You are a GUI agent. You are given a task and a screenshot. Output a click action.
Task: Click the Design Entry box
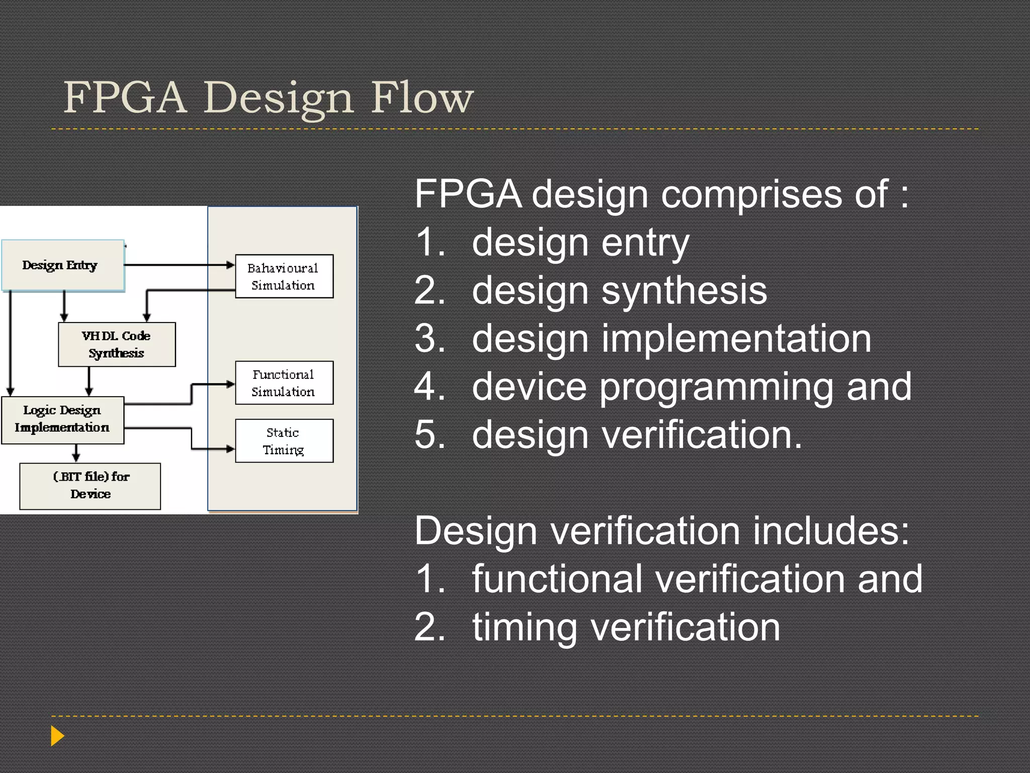[62, 265]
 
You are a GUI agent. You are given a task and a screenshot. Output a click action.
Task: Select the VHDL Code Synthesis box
[117, 344]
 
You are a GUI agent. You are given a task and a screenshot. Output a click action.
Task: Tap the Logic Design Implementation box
[62, 420]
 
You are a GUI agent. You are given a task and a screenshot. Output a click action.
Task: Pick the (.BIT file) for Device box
[91, 486]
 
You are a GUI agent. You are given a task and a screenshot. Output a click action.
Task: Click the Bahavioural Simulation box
[284, 276]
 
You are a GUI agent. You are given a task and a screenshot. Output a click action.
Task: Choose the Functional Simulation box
[284, 382]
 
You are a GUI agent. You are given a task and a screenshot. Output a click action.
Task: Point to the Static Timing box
[284, 441]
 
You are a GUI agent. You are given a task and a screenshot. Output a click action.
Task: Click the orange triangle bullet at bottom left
[57, 736]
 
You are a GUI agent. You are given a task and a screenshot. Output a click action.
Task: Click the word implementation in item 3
[736, 339]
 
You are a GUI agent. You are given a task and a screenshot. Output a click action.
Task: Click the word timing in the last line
[525, 628]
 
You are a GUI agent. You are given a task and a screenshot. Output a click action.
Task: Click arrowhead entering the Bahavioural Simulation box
[231, 265]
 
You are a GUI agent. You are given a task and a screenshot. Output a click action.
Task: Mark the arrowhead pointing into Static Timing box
[231, 448]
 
